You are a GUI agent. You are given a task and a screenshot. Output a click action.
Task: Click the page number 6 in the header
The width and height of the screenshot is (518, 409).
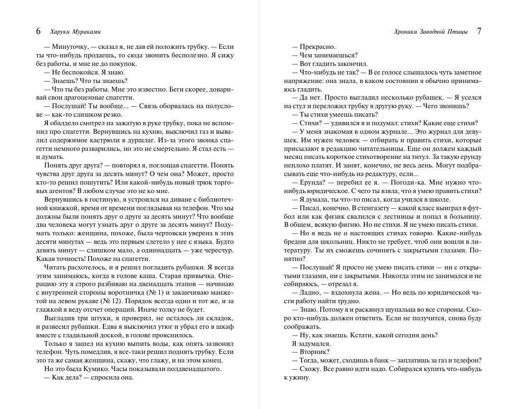[x=38, y=32]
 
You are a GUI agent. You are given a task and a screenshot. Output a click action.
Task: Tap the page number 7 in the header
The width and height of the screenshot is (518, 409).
[x=479, y=31]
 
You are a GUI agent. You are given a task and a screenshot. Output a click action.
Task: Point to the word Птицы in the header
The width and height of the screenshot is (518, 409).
[x=458, y=32]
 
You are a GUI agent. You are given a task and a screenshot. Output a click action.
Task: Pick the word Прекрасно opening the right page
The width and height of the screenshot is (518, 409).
[x=317, y=47]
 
